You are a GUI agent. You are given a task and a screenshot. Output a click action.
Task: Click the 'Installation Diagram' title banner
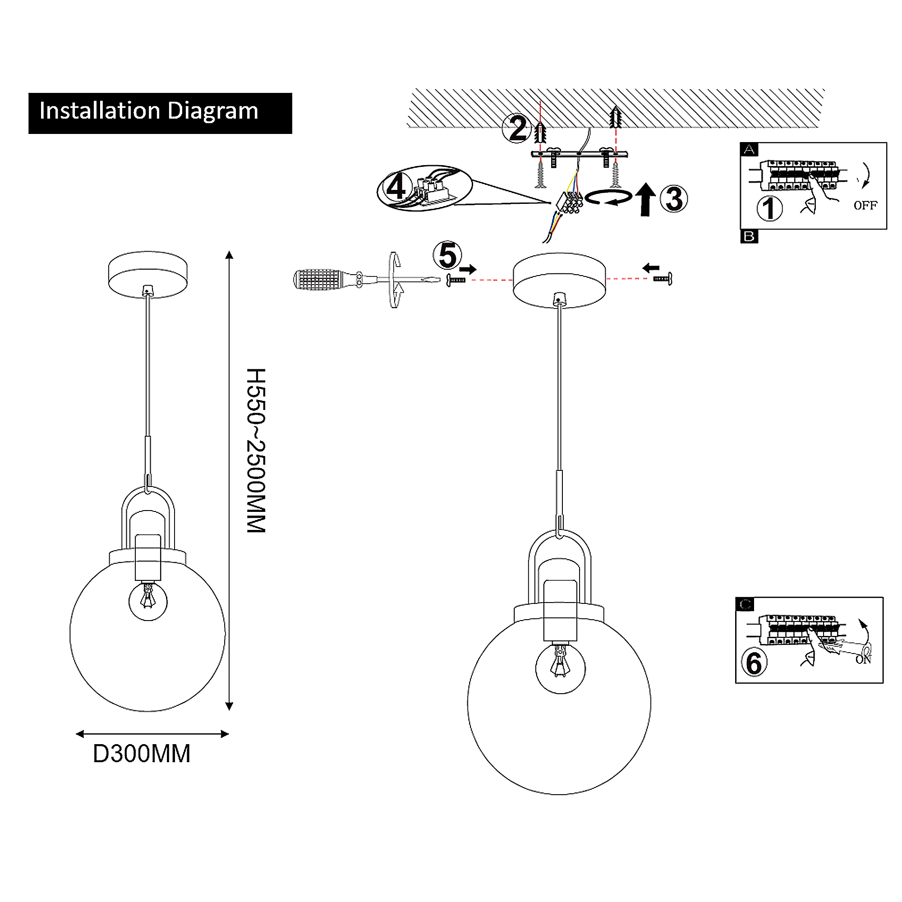[160, 113]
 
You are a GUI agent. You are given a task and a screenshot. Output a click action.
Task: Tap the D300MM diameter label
[142, 754]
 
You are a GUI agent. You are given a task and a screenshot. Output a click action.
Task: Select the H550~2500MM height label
[256, 450]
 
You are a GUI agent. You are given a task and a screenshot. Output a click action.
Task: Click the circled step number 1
[769, 208]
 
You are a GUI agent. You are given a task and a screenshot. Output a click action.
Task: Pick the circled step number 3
[673, 199]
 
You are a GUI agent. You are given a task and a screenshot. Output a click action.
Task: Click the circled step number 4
[396, 187]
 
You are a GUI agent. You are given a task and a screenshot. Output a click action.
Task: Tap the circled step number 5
[447, 255]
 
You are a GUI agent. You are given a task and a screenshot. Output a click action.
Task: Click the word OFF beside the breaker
[865, 205]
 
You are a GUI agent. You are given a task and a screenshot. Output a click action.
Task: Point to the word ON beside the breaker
[863, 659]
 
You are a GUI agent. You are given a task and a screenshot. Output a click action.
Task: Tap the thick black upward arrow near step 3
[645, 199]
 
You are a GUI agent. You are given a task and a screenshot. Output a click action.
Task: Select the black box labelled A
[749, 149]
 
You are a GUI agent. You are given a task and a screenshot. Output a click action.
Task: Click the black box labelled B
[749, 236]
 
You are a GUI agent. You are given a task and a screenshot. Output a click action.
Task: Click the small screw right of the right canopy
[663, 279]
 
